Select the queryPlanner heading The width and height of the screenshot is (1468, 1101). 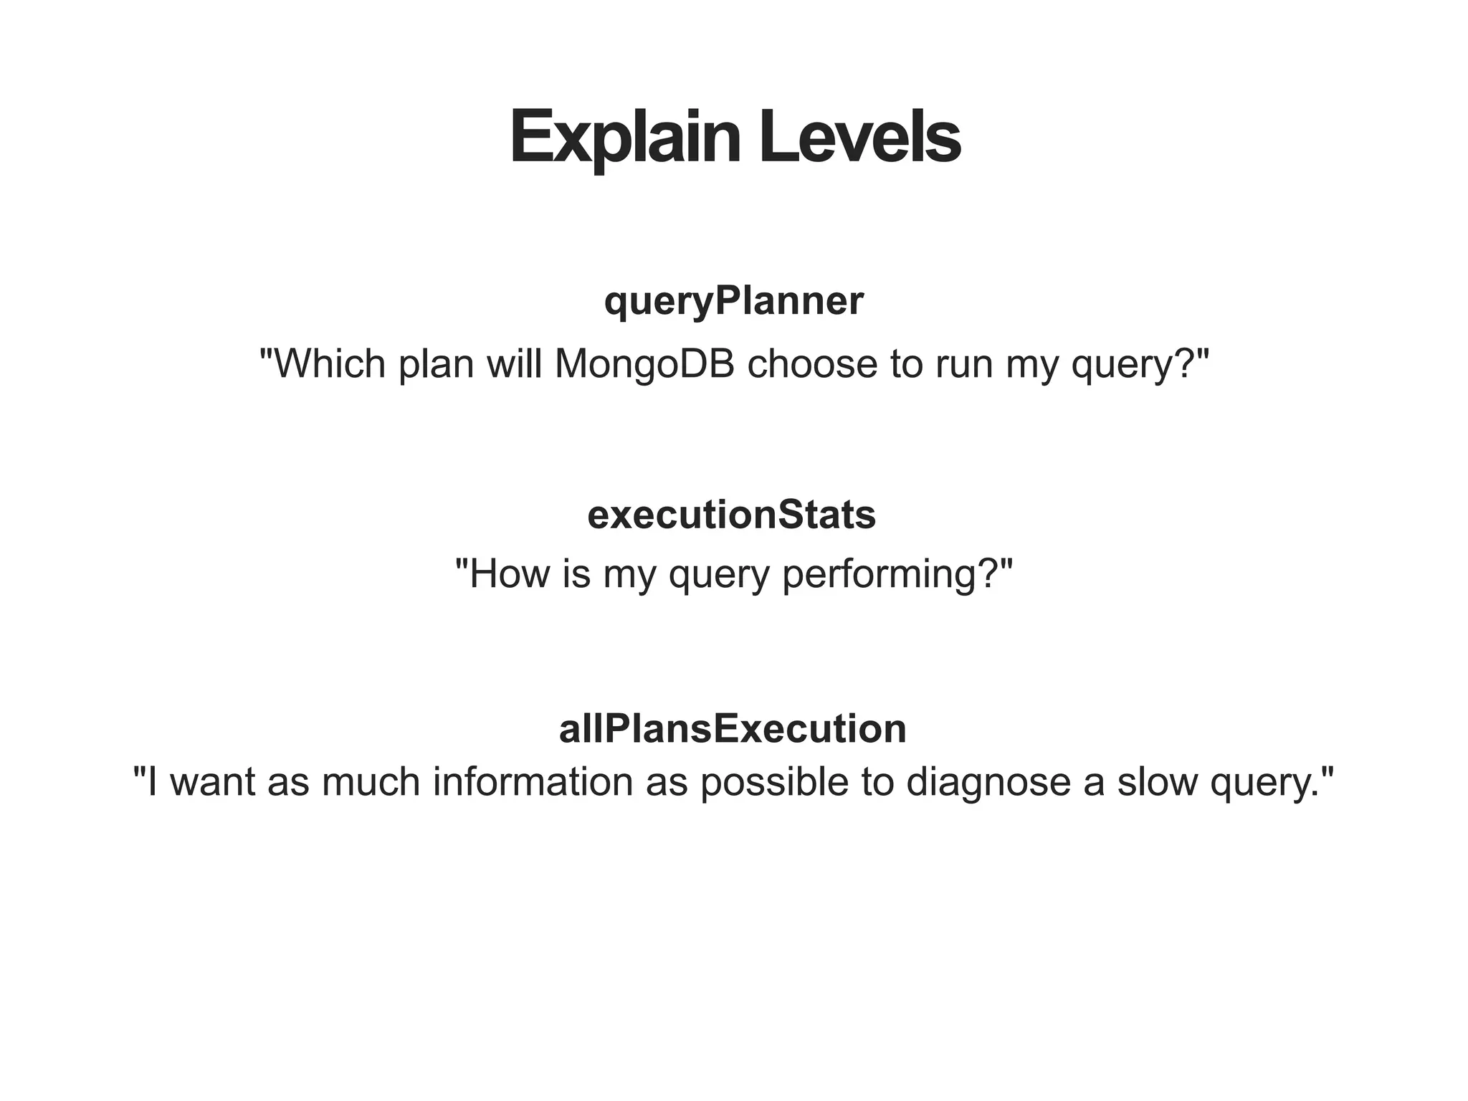[x=733, y=301]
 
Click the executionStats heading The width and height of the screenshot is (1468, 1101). [x=731, y=515]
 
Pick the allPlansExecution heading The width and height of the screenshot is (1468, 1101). [x=733, y=729]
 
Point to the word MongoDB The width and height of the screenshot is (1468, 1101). [x=644, y=363]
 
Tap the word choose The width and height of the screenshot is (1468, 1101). [x=812, y=363]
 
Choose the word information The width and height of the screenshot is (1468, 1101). [x=533, y=781]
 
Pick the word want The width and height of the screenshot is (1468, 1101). [x=212, y=781]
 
